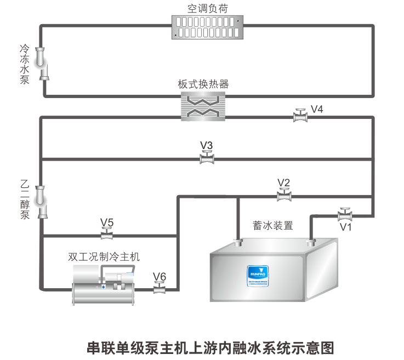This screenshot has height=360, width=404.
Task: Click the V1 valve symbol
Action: [x=345, y=214]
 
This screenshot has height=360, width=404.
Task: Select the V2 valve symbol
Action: [x=283, y=195]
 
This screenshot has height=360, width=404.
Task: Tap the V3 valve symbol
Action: [x=206, y=158]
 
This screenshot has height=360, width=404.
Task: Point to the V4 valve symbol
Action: [x=300, y=116]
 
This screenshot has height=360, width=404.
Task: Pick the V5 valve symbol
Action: [x=106, y=235]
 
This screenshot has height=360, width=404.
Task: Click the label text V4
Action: [x=317, y=108]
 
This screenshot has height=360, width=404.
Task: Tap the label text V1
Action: [x=345, y=226]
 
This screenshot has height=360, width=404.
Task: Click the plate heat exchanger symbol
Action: [x=203, y=105]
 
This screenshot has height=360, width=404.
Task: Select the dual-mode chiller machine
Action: [x=104, y=284]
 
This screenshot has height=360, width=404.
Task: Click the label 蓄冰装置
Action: [x=272, y=225]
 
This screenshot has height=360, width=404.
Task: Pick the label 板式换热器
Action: [x=203, y=84]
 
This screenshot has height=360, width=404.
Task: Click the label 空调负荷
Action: [x=208, y=8]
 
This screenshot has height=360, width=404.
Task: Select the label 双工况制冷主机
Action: [x=104, y=256]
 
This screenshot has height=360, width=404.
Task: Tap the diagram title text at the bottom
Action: [x=210, y=347]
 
